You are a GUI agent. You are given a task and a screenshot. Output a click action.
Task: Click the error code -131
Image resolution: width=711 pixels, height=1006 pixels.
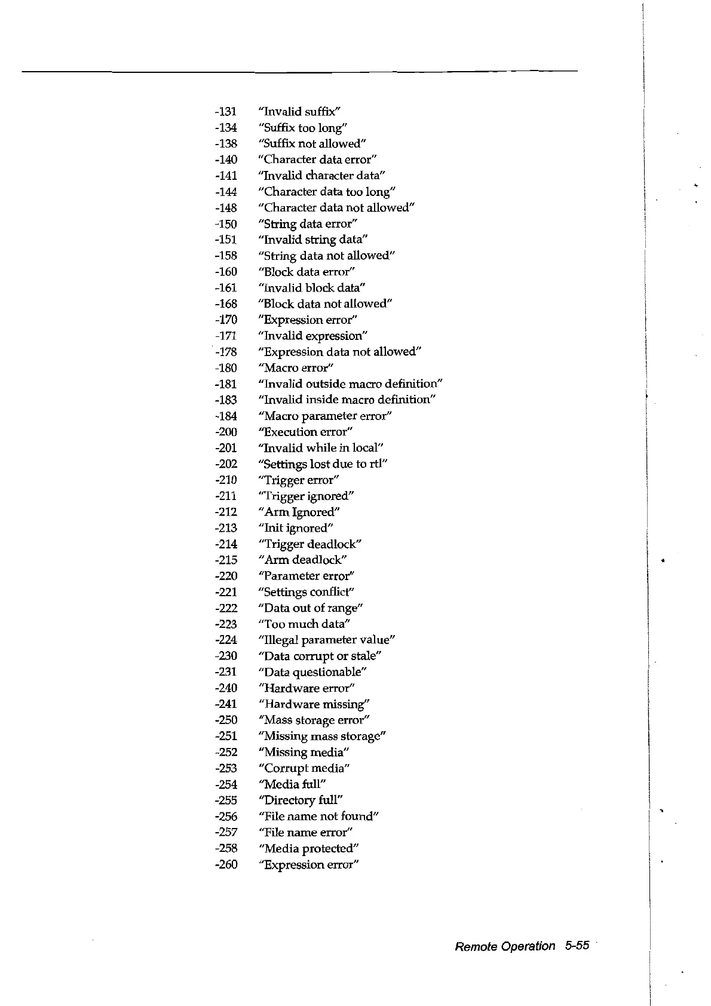coord(226,112)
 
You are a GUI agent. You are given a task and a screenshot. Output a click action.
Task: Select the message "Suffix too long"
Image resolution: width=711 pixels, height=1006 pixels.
coord(303,128)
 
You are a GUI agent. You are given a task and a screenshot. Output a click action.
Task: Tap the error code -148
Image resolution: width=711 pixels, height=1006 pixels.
coord(226,208)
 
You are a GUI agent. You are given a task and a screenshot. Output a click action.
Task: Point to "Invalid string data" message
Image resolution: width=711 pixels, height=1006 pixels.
coord(313,240)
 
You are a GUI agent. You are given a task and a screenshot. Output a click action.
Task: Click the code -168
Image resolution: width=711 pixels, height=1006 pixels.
coord(226,304)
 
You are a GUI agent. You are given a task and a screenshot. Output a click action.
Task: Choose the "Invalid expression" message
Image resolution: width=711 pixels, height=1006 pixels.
coord(313,336)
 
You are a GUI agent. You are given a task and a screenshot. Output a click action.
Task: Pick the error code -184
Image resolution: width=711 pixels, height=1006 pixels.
coord(226,416)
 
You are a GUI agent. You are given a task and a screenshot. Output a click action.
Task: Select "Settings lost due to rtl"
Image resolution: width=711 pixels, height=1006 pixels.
coord(323,464)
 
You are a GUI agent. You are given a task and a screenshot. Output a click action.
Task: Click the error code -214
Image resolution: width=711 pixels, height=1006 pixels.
coord(226,544)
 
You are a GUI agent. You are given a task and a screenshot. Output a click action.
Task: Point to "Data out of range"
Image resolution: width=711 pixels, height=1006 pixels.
coord(311,608)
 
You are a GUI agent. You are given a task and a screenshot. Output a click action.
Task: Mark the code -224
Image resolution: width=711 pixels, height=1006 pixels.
coord(226,640)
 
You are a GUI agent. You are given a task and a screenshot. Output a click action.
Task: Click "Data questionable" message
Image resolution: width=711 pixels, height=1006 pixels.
coord(312,672)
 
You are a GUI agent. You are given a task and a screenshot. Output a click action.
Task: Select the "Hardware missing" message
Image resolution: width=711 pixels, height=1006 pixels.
coord(314,704)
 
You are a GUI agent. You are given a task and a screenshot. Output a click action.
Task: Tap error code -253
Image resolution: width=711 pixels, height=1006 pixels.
coord(226,768)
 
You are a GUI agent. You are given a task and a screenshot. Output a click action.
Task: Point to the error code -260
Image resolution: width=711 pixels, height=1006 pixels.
coord(226,864)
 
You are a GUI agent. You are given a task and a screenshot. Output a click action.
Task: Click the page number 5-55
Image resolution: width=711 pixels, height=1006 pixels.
coord(577,946)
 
